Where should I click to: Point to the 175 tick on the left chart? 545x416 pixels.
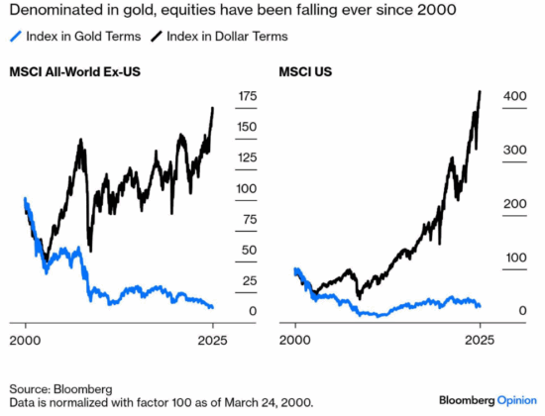pos(247,96)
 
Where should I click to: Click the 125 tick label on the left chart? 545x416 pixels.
pos(247,157)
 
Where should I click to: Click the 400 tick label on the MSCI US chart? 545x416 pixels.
pos(515,96)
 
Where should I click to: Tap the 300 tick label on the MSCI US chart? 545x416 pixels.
pos(515,150)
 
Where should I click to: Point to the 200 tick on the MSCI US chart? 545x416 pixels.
pos(515,204)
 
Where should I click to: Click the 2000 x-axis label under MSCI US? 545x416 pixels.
pos(294,341)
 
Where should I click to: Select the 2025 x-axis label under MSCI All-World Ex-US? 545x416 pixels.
pos(212,341)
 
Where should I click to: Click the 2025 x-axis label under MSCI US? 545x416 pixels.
pos(480,341)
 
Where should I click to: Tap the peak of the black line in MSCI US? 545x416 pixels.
pos(480,92)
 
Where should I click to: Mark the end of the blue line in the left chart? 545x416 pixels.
pos(212,307)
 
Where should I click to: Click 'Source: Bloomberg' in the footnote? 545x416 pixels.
pos(60,387)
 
